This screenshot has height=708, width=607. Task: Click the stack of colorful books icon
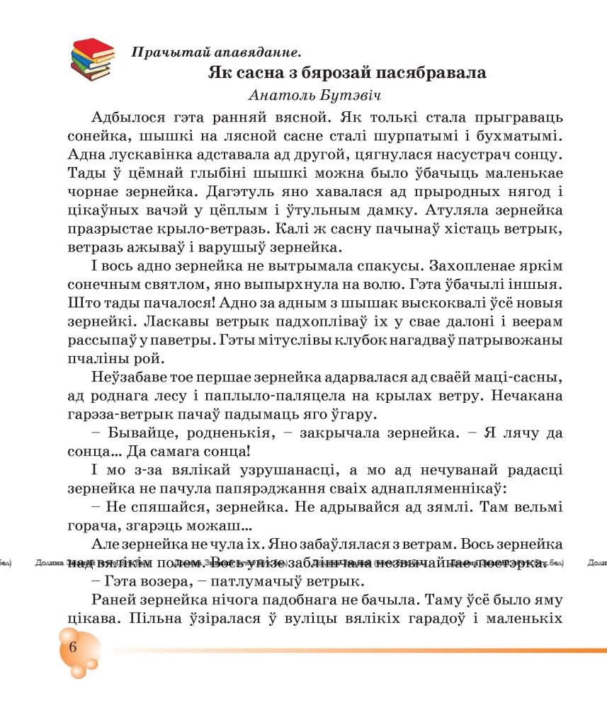92,58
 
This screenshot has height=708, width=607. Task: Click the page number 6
72,649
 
